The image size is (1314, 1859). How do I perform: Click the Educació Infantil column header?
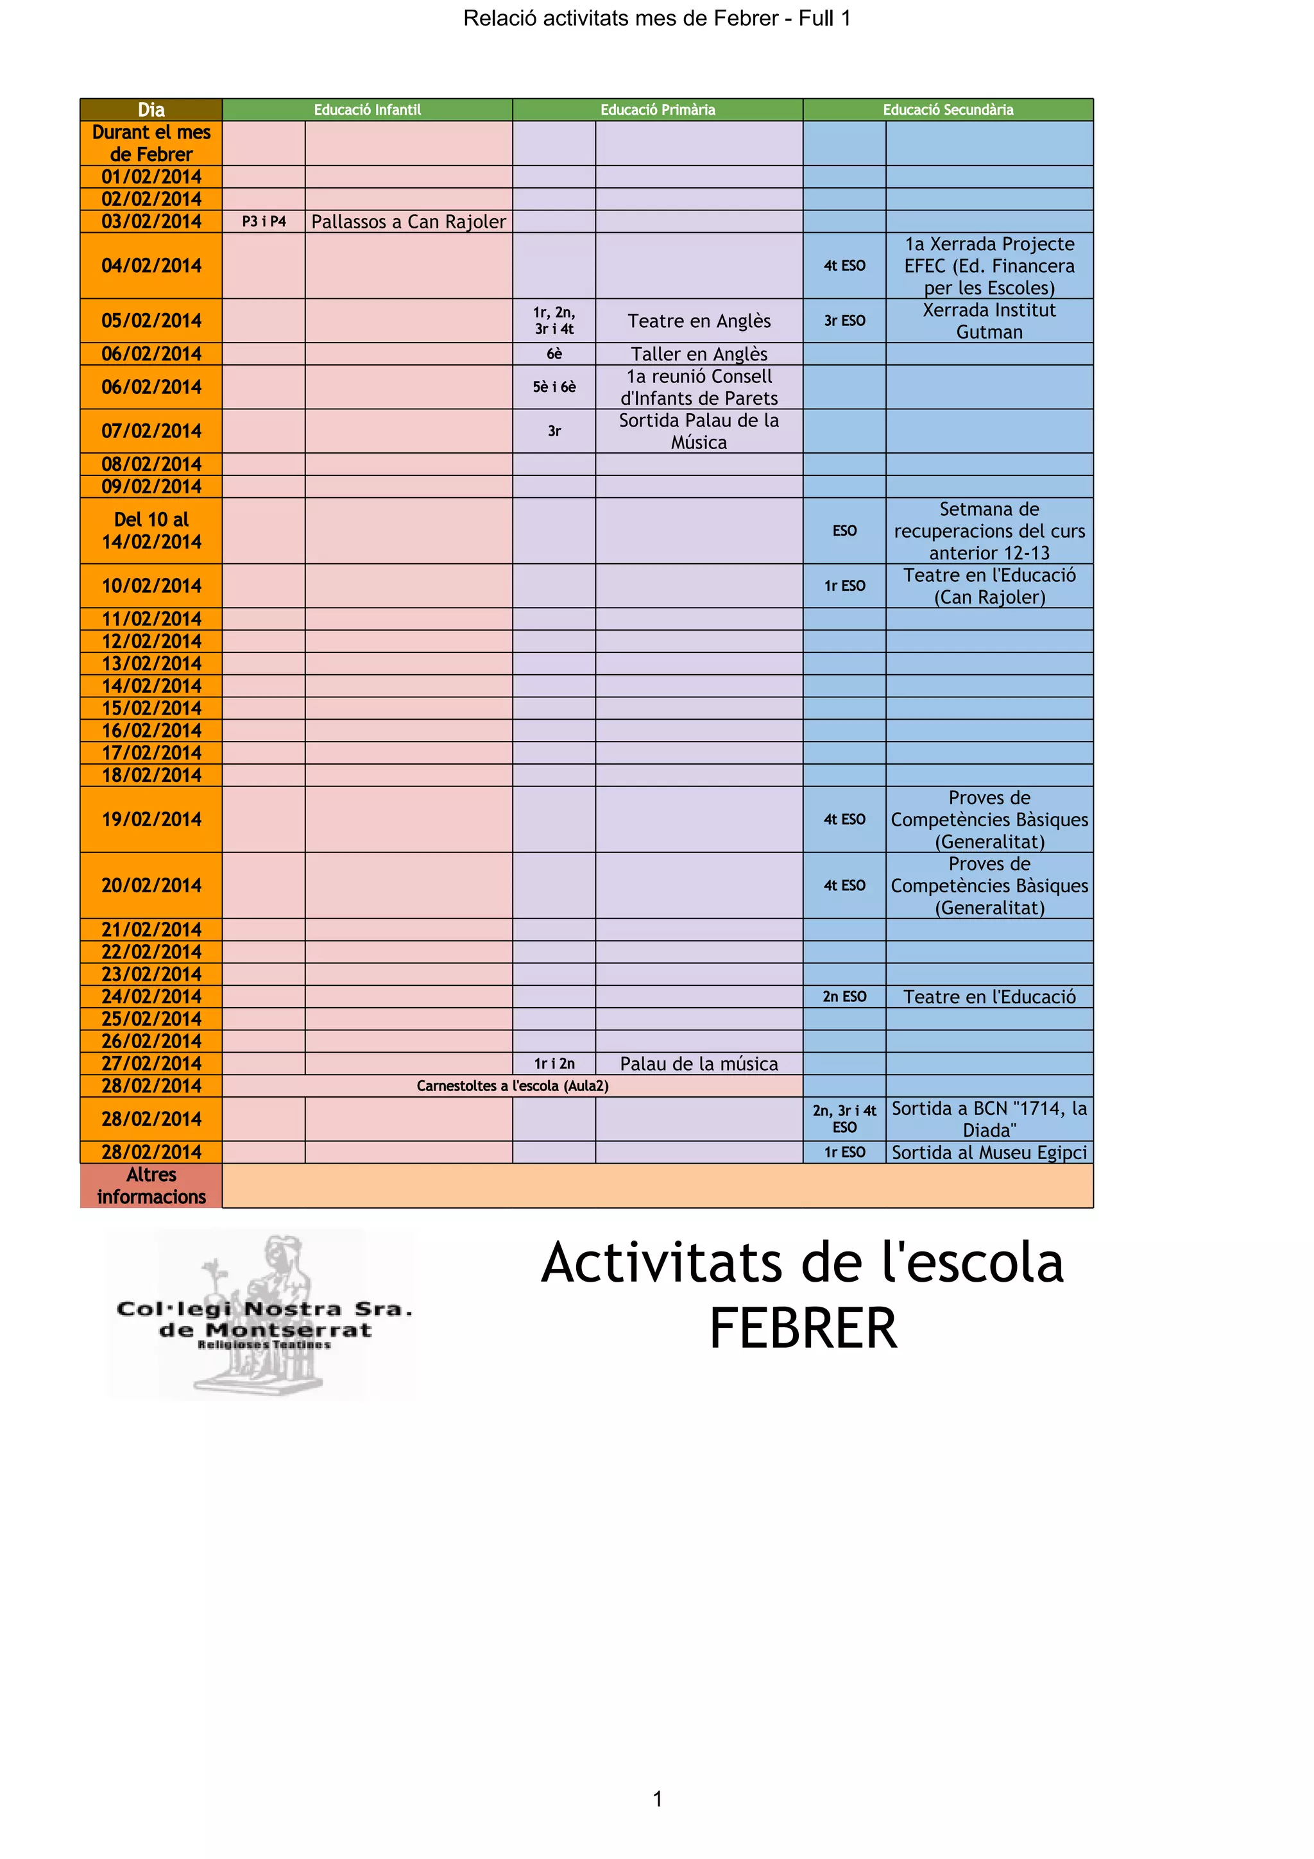367,109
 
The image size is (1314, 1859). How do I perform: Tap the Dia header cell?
151,109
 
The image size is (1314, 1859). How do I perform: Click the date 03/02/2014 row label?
151,221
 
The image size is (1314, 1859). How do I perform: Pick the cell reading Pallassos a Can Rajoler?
408,221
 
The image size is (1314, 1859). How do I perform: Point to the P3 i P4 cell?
264,221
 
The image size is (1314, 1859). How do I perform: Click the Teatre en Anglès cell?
699,321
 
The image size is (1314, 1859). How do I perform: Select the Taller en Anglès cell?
699,354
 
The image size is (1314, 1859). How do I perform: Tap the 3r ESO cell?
844,321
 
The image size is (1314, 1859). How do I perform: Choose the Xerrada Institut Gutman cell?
989,321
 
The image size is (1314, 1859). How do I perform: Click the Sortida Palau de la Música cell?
699,430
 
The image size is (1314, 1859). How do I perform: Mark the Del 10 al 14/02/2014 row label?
151,531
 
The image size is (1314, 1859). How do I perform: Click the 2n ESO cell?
844,997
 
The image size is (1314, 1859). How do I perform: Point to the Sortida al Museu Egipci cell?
989,1152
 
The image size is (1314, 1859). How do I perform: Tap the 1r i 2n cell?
554,1063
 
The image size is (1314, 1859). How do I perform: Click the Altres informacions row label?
151,1185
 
